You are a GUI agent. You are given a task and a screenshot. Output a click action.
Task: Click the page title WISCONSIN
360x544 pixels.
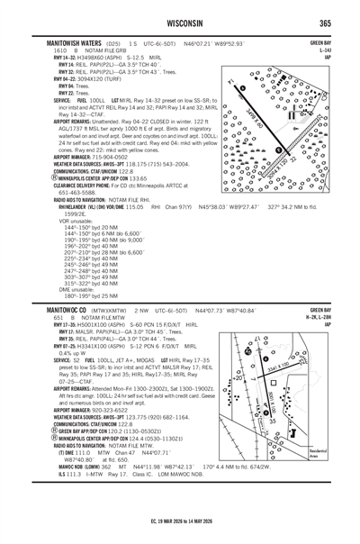pos(180,23)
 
